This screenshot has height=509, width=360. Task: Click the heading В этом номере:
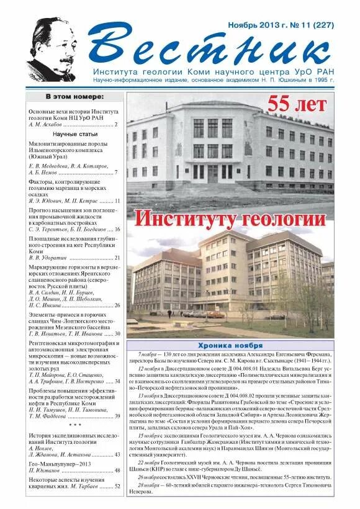[74, 97]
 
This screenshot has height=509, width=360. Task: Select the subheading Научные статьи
[75, 134]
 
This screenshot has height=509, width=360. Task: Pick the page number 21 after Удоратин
[117, 257]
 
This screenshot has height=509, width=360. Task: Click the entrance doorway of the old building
[213, 173]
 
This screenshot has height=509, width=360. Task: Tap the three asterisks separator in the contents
[74, 425]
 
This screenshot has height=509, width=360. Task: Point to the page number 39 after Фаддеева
[117, 416]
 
